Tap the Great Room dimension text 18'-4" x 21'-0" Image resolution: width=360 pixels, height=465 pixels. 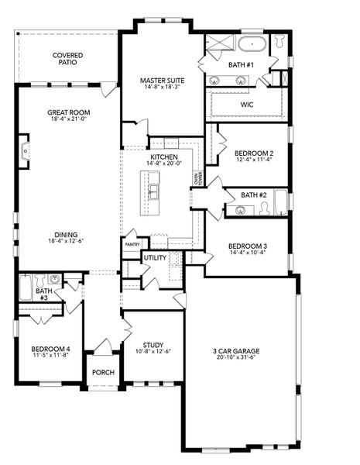[68, 119]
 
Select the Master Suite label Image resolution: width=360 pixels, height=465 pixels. [161, 81]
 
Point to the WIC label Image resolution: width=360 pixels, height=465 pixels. [248, 104]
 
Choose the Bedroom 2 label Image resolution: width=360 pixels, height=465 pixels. [254, 153]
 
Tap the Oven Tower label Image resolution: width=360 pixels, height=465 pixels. [198, 179]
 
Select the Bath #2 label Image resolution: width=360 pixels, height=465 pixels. [253, 195]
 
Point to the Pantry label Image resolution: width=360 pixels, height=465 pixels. [132, 244]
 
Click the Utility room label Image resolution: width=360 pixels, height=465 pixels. [155, 257]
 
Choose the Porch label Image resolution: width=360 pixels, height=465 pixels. [103, 372]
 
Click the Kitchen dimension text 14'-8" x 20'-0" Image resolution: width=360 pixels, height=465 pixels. [163, 164]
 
